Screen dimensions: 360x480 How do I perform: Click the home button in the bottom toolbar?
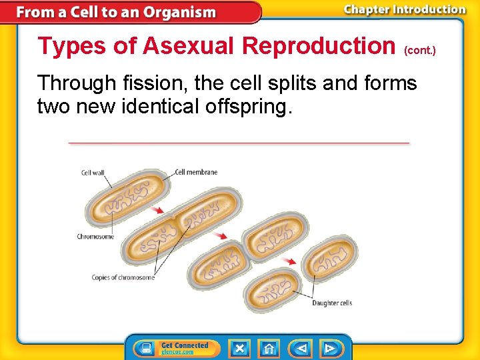point(269,348)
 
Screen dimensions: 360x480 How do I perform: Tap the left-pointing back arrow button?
point(301,348)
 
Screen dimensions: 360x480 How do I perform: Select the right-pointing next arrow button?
point(329,348)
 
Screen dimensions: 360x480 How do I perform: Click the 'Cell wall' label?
point(93,173)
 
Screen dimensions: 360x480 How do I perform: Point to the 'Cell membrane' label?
point(197,172)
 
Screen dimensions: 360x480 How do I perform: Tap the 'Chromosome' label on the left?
point(95,236)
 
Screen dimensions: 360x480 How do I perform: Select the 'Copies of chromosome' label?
point(123,277)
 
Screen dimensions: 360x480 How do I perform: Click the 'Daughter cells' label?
point(332,303)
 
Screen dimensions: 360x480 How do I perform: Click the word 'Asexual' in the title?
point(189,46)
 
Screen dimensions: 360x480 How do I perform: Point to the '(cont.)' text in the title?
point(420,51)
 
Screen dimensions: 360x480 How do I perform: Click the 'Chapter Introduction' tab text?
point(405,10)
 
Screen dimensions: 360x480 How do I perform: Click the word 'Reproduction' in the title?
point(319,46)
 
